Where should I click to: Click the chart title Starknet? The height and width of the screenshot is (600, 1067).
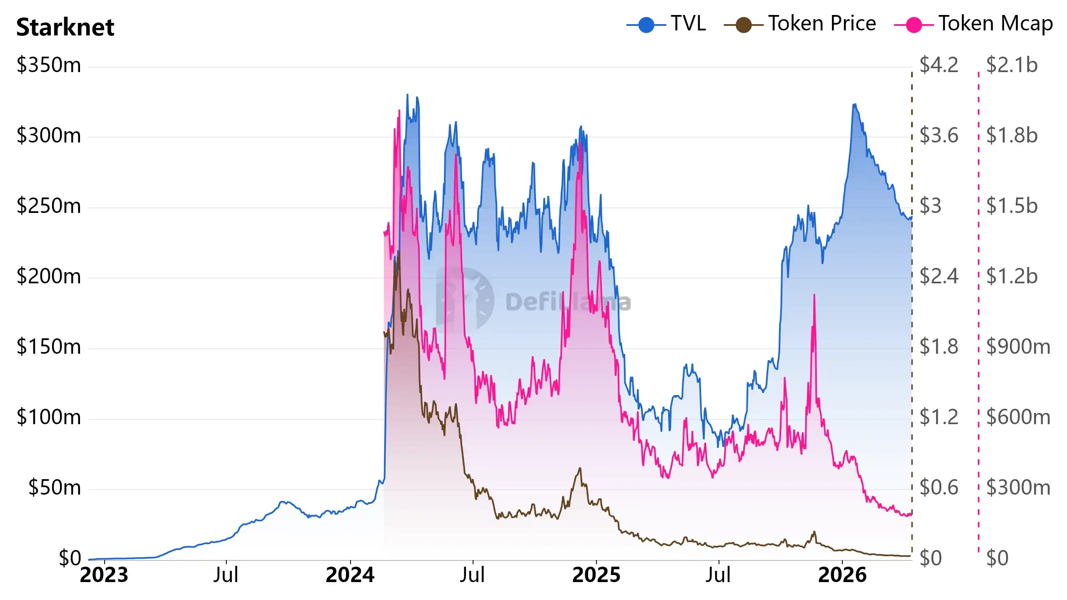click(x=65, y=27)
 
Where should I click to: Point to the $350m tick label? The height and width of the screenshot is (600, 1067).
click(x=49, y=65)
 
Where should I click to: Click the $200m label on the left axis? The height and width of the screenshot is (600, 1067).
click(x=49, y=277)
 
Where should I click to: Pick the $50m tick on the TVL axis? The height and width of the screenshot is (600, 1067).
click(x=55, y=488)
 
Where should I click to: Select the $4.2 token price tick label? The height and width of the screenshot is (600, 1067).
click(x=939, y=65)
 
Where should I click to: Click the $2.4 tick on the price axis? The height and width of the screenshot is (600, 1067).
click(x=939, y=277)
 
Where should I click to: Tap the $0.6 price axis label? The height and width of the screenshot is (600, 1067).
click(x=939, y=488)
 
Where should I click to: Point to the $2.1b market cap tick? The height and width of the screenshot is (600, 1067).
click(x=1012, y=65)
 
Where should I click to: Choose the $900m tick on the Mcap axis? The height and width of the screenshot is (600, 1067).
click(x=1018, y=347)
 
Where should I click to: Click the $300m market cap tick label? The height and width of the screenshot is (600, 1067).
click(x=1018, y=488)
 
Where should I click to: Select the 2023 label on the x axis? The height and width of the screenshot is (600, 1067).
click(x=104, y=575)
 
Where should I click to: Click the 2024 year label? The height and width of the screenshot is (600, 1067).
click(x=350, y=575)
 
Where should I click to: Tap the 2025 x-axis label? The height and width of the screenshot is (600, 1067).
click(x=596, y=575)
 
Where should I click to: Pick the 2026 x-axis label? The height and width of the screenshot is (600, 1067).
click(x=842, y=575)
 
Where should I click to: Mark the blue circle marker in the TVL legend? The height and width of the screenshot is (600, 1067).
click(x=646, y=25)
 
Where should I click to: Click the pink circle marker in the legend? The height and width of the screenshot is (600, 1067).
click(x=914, y=25)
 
